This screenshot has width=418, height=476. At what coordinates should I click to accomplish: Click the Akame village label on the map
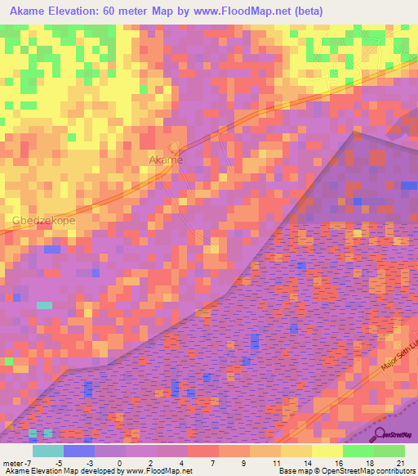[166, 160]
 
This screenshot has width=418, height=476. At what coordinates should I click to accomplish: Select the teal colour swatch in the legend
[48, 451]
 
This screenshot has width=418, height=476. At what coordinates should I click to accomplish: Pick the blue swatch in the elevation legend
[79, 451]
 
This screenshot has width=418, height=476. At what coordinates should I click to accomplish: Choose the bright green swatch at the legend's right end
[389, 451]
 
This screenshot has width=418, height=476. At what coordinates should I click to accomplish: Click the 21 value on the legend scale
[400, 463]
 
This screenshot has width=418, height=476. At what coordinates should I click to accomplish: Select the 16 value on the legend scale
[339, 463]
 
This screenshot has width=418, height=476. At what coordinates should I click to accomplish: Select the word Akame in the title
[30, 11]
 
